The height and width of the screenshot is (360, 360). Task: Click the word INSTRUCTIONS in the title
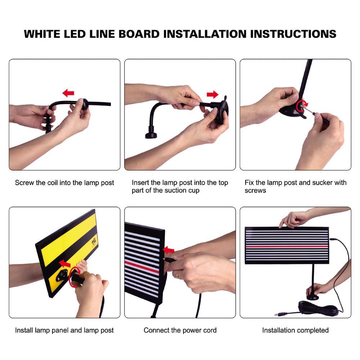point(293,34)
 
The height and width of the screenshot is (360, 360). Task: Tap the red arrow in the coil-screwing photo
point(68,93)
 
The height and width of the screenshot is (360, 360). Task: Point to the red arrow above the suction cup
point(213,95)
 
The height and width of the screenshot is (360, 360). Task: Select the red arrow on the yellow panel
point(65,264)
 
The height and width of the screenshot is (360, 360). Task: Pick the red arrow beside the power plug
point(168,250)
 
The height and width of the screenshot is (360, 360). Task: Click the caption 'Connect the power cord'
point(180,330)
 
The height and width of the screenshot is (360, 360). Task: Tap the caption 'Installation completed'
point(295,330)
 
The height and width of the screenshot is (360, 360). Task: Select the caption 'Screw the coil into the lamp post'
point(64,183)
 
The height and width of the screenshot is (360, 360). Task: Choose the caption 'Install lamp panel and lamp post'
point(64,330)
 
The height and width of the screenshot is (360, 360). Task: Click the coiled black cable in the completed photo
point(319,309)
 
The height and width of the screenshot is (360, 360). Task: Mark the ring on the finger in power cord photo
point(177,275)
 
